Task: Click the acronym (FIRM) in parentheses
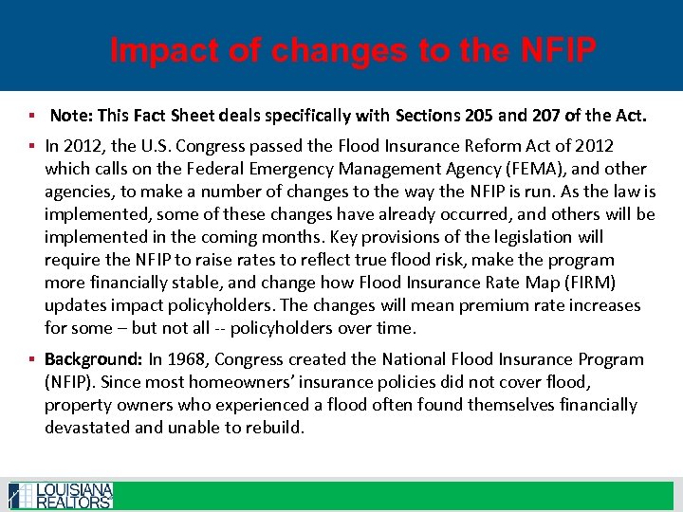[600, 283]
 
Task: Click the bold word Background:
[91, 359]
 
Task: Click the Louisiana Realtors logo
[62, 495]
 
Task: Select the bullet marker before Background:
[32, 359]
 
